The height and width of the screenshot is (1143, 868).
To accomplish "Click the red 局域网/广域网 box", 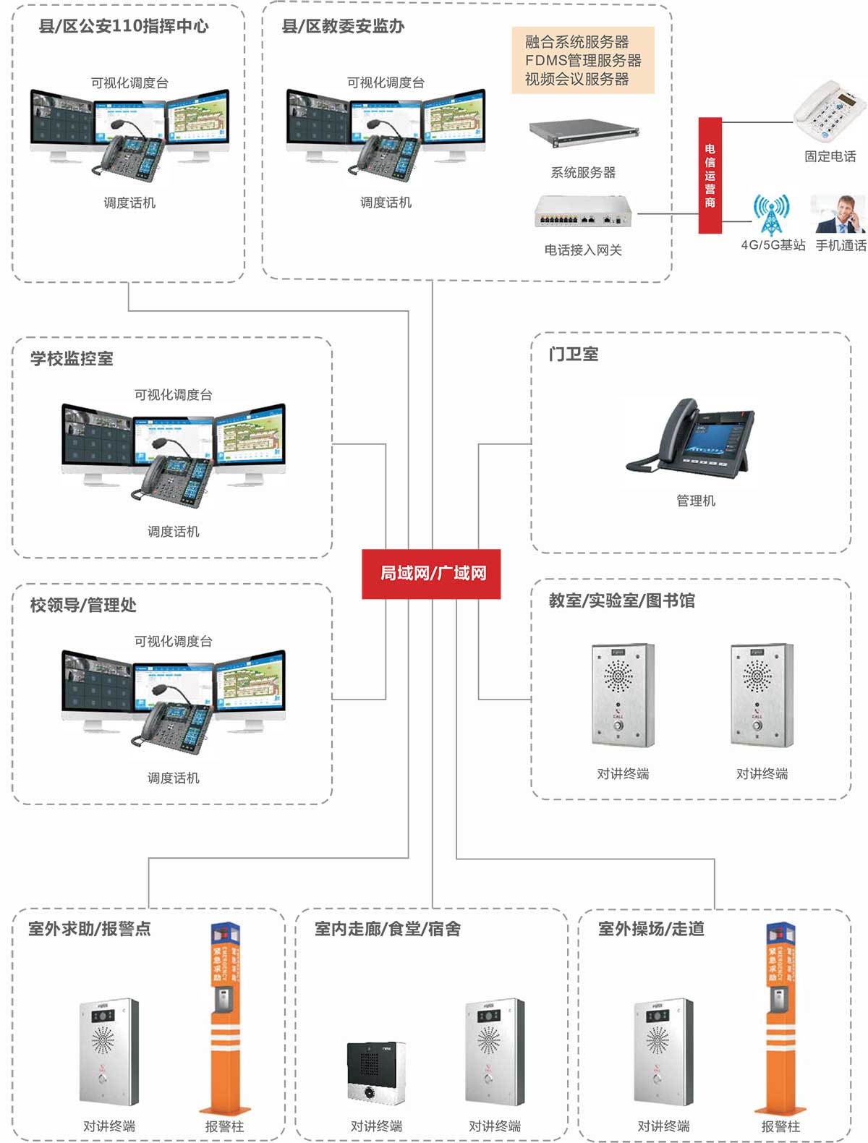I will (x=431, y=574).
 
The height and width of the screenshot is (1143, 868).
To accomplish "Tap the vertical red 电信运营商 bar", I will (x=710, y=175).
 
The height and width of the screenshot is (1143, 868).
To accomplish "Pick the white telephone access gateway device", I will (x=583, y=211).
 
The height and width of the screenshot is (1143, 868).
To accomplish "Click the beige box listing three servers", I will (x=583, y=61).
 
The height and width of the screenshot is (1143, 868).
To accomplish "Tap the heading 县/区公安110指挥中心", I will (x=124, y=27).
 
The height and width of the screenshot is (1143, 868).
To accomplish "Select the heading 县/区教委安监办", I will (x=343, y=27).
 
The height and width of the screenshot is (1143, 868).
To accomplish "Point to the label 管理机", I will (x=696, y=501).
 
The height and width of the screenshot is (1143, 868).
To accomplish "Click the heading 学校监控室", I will (x=72, y=359).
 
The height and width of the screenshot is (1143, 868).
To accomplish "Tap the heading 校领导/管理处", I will (x=83, y=606).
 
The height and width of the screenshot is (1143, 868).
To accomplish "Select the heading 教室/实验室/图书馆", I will (x=621, y=601).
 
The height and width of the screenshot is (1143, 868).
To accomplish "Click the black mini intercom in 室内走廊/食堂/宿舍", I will (x=376, y=1073).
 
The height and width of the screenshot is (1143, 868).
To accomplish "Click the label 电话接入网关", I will (x=583, y=250).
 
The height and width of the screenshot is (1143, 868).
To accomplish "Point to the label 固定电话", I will (x=830, y=156).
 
